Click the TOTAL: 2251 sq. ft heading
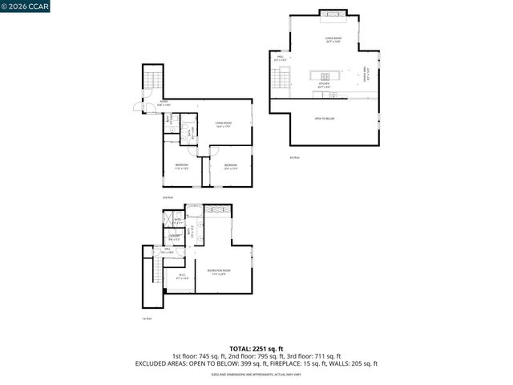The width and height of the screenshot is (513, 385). (x=256, y=348)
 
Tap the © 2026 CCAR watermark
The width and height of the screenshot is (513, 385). (x=26, y=7)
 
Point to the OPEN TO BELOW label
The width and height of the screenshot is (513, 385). (x=324, y=119)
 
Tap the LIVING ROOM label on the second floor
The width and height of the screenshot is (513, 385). (x=223, y=123)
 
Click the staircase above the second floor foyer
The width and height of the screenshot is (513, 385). (x=152, y=80)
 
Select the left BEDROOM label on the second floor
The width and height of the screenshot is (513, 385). (x=181, y=166)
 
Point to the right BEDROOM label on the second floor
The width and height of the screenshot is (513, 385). (x=229, y=166)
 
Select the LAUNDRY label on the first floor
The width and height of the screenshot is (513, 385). (x=174, y=236)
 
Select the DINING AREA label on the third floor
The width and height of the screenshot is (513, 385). (x=366, y=75)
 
